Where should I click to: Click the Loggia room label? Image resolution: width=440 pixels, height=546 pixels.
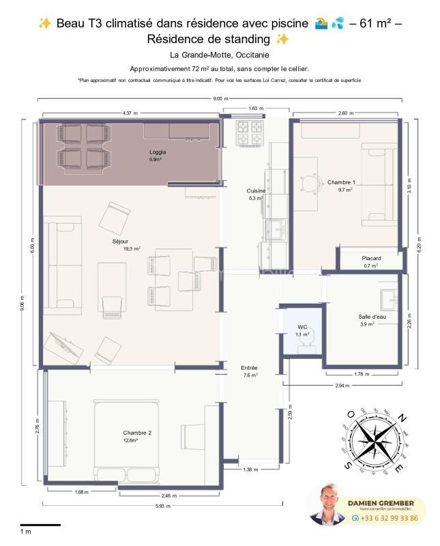point(158,152)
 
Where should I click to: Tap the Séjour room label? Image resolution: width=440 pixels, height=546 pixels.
point(119,242)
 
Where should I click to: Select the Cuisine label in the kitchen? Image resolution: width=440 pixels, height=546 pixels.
point(256,191)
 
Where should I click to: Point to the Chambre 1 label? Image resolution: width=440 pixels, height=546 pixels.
point(340,182)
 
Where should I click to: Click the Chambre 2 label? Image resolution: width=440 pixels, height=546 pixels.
point(137,433)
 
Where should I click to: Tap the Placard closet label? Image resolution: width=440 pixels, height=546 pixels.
point(371,258)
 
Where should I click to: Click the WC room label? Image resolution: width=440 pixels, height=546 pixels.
point(302,328)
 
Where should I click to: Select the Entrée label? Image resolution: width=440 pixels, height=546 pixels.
point(250,368)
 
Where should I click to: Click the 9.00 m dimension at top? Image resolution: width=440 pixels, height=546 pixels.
point(220,100)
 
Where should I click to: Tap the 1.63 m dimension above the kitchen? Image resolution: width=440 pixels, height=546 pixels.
point(255,109)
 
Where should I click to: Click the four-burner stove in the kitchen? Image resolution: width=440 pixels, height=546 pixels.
point(250,133)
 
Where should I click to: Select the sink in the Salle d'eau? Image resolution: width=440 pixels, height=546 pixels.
point(390,298)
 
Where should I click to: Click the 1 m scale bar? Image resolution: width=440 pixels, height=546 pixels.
point(40,525)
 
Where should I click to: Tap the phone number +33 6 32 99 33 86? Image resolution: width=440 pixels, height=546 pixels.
point(390,518)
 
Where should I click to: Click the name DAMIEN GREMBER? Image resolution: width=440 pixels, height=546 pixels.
point(386,502)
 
